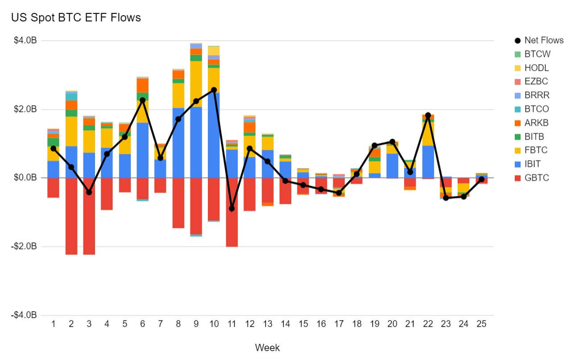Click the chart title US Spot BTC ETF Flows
[76, 17]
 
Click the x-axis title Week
[267, 348]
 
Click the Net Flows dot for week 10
[214, 90]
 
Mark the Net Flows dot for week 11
[232, 208]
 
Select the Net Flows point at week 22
[428, 115]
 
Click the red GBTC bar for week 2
[71, 216]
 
